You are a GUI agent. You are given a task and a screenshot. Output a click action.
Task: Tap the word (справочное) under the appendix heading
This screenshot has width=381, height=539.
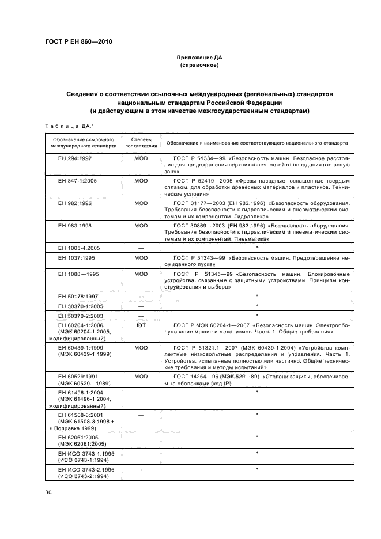(199, 66)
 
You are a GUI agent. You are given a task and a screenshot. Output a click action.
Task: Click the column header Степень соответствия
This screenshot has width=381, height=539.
(141, 143)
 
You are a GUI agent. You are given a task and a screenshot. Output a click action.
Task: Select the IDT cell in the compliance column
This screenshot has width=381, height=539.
(141, 325)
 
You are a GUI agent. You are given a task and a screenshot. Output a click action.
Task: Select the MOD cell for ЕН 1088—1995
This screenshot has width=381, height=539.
(141, 274)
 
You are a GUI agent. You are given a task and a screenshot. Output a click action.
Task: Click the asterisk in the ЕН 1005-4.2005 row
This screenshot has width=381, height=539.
(256, 248)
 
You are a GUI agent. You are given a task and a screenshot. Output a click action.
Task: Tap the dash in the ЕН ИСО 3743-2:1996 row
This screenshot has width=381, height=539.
(141, 469)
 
